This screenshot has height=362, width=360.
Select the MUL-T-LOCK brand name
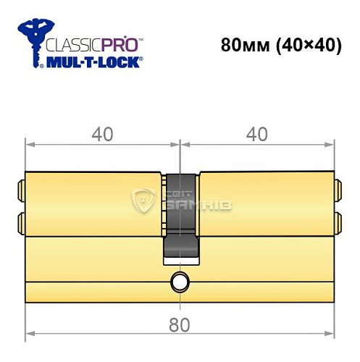(x=91, y=63)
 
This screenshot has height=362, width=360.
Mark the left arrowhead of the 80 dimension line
(x=29, y=334)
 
